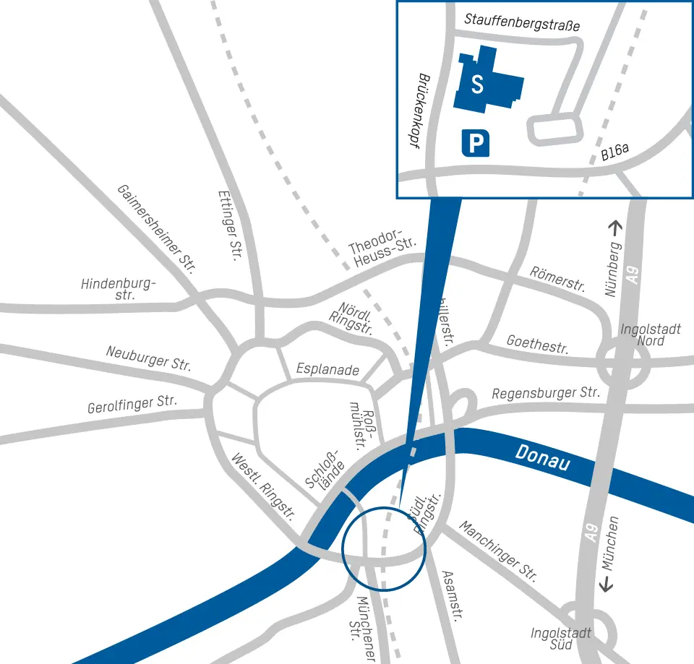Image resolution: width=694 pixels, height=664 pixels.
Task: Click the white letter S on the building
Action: click(477, 85)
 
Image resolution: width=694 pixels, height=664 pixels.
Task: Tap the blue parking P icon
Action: click(475, 143)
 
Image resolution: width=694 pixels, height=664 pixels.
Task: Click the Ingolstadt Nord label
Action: click(650, 335)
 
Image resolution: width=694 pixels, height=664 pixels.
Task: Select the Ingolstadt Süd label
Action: click(561, 638)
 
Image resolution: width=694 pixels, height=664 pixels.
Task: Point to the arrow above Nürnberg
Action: click(614, 228)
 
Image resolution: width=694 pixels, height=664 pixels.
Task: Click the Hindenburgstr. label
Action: click(119, 289)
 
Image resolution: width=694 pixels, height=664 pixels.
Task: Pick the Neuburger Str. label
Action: click(148, 358)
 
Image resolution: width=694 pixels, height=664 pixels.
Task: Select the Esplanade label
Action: click(327, 370)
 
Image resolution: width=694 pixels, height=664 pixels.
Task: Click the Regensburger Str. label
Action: click(546, 393)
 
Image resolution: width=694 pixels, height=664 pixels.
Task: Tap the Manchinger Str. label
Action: click(498, 551)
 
